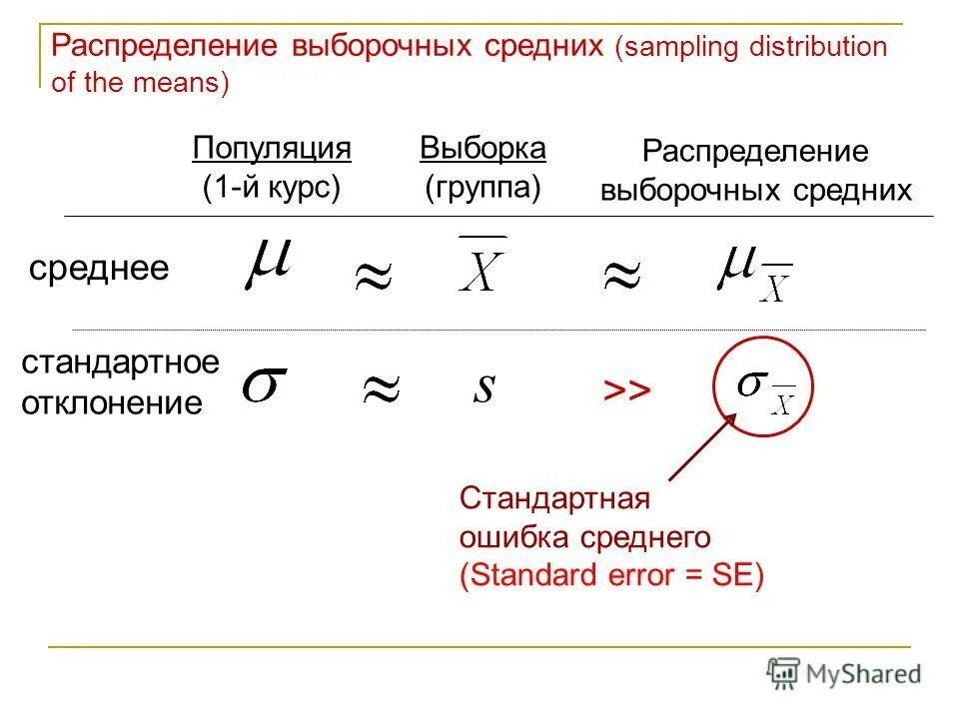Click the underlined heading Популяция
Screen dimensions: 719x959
(x=272, y=149)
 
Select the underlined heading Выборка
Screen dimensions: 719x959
(x=482, y=149)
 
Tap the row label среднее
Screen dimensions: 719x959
(x=99, y=268)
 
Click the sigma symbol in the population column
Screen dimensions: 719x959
(x=265, y=386)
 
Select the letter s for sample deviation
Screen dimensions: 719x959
(x=483, y=387)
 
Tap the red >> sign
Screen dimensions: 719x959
(x=626, y=390)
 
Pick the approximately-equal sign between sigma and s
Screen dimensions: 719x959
(x=380, y=391)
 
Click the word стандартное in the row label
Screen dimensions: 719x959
(x=120, y=362)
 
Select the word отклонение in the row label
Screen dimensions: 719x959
(x=112, y=403)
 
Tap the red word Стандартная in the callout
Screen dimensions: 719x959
(x=554, y=498)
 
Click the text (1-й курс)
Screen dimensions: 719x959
(x=272, y=188)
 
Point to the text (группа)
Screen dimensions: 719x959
(x=482, y=188)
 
